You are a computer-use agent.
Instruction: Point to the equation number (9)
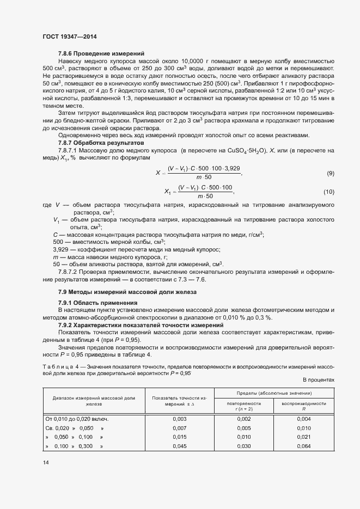click(x=330, y=173)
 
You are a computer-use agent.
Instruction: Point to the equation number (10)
click(x=328, y=192)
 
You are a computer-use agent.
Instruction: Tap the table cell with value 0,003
click(x=179, y=419)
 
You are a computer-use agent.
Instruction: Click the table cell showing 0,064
click(x=304, y=446)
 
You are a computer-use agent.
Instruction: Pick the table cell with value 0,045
click(x=179, y=446)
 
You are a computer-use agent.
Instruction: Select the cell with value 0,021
click(x=304, y=437)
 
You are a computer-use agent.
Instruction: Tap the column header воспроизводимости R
click(x=304, y=406)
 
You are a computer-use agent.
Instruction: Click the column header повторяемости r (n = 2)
click(x=244, y=406)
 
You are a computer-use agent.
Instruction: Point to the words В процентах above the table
click(x=318, y=381)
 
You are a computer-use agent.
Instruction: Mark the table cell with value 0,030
click(x=244, y=446)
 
